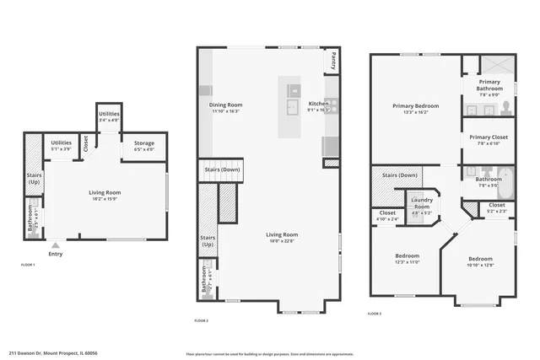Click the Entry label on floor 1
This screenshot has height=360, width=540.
(x=56, y=254)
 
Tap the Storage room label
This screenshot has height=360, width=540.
(x=144, y=143)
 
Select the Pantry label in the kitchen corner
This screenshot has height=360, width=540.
(x=333, y=62)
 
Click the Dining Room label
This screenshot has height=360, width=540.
(x=225, y=105)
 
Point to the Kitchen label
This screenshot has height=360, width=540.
(x=318, y=102)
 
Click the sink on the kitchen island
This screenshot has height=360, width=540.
(x=291, y=106)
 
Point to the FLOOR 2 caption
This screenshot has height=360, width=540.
(x=201, y=320)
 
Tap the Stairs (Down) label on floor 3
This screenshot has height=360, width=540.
(x=400, y=175)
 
